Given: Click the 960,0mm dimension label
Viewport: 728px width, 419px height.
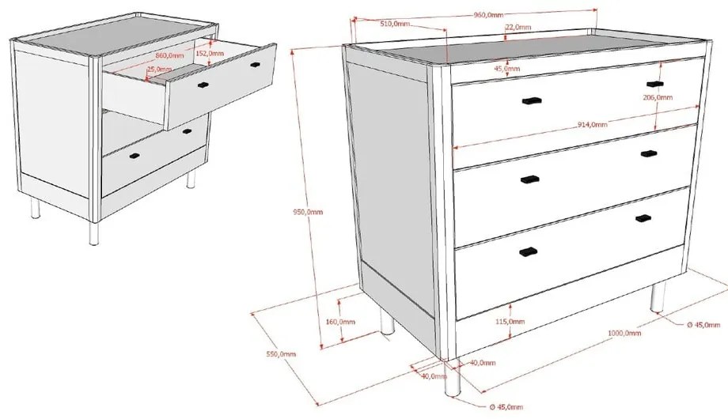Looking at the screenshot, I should [488, 15].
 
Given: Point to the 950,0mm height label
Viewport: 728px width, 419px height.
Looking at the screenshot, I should [309, 212].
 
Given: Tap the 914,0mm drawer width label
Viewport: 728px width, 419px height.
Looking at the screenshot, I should [592, 124].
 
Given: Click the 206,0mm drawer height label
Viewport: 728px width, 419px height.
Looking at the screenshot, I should [658, 97].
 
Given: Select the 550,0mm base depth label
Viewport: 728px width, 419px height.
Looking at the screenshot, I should [280, 353].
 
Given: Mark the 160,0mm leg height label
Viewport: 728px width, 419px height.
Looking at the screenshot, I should [339, 322].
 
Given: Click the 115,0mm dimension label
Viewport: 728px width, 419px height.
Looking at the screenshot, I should [510, 322].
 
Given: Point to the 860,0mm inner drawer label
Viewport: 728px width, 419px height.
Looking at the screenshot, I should [169, 56].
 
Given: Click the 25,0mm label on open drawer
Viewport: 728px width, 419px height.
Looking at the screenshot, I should [157, 69].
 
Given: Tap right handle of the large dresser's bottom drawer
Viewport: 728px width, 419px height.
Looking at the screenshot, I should [643, 218].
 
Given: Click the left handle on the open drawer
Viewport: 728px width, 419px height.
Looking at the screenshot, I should [202, 83].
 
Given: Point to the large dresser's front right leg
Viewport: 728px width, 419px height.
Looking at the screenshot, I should [655, 298].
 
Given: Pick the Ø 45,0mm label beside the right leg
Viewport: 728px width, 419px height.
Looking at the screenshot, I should [703, 325].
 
